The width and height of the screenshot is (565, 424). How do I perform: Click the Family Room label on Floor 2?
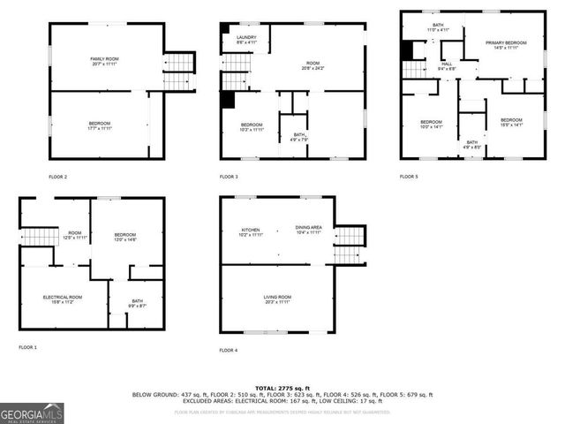(x=104, y=62)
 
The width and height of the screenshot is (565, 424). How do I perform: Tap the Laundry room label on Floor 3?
(x=247, y=39)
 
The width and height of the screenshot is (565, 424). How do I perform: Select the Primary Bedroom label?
(x=506, y=45)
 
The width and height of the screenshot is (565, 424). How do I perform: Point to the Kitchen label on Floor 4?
(x=252, y=231)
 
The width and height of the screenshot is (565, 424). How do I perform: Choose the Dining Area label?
(x=308, y=230)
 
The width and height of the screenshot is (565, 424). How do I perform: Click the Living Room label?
(x=277, y=299)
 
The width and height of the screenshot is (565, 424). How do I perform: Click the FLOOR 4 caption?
(x=229, y=351)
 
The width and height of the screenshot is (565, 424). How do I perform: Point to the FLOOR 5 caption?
(x=409, y=177)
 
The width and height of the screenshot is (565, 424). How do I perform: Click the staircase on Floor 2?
(x=178, y=71)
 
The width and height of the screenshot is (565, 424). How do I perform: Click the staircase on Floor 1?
(x=40, y=236)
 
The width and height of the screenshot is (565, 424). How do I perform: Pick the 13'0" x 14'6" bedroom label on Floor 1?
(x=124, y=237)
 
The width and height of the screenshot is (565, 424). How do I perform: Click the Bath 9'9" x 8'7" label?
(x=138, y=303)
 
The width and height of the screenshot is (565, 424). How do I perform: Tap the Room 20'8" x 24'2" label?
(x=313, y=65)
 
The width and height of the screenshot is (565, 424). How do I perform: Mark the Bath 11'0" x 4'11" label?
(x=439, y=27)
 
